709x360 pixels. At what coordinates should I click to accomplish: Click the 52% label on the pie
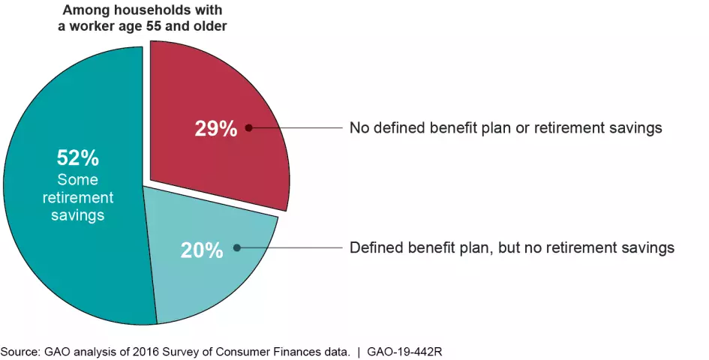[x=77, y=158]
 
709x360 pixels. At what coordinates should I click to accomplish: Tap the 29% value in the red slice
[x=216, y=128]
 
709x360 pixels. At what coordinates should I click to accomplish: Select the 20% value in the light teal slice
[x=201, y=249]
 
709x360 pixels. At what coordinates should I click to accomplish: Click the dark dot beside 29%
[x=248, y=128]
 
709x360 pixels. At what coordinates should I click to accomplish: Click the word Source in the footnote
[x=20, y=351]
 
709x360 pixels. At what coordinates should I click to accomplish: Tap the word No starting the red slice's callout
[x=359, y=127]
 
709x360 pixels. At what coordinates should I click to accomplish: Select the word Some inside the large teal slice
[x=78, y=180]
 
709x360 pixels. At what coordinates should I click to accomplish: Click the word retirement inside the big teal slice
[x=78, y=198]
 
